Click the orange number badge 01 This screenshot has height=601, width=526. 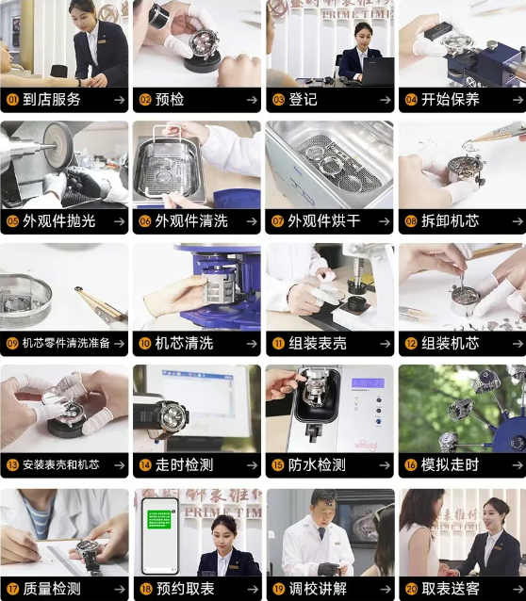tap(12, 100)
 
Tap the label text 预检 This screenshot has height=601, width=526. tap(170, 100)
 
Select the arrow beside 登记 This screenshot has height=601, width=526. tap(385, 100)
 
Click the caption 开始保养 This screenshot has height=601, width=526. tap(450, 100)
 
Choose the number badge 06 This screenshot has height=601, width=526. tap(145, 221)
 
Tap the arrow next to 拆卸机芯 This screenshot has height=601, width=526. tap(517, 221)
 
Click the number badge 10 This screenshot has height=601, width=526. tap(145, 344)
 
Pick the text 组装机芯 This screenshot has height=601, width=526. tap(450, 344)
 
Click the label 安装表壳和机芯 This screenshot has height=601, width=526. tap(60, 465)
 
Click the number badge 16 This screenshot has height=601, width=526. tap(411, 465)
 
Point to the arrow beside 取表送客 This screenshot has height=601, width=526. tap(517, 589)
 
